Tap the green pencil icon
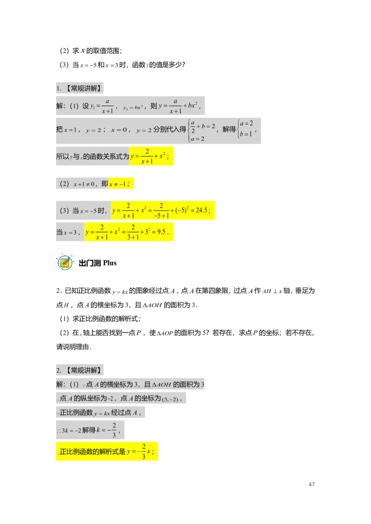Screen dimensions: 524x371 click(x=65, y=263)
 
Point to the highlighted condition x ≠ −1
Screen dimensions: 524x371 click(x=120, y=184)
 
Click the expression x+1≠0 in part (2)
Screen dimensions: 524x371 click(x=84, y=184)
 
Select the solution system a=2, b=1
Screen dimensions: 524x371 click(x=246, y=129)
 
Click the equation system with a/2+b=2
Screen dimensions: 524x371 click(x=201, y=130)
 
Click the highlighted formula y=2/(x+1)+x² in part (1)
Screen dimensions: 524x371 click(x=151, y=156)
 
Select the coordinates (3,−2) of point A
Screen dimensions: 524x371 click(x=170, y=399)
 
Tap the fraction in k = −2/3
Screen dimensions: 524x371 click(x=114, y=430)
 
